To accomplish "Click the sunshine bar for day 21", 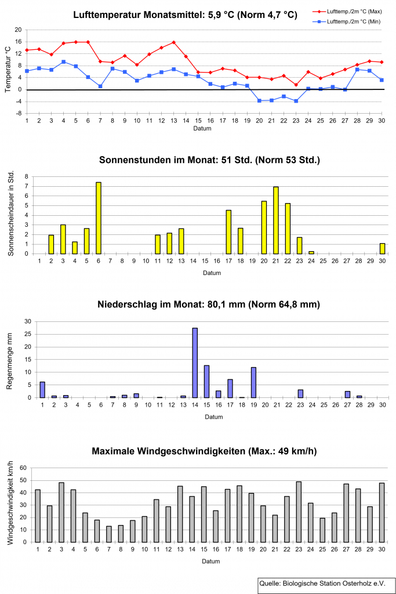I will [276, 220].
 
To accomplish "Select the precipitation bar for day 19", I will [253, 382].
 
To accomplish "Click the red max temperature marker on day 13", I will [173, 42].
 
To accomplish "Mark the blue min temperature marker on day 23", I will [296, 101].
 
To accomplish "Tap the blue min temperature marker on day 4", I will [63, 61].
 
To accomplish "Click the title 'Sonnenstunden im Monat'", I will [209, 159].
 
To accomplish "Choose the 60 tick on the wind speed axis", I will [23, 468].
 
